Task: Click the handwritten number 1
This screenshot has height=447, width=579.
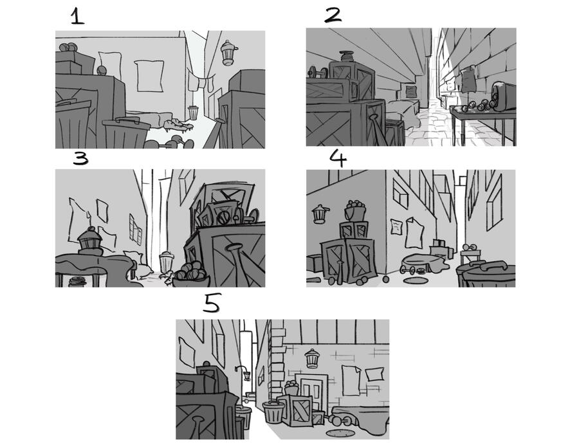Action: tap(77, 17)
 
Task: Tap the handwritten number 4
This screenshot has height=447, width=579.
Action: tap(338, 158)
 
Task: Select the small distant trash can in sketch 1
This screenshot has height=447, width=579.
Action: tap(193, 113)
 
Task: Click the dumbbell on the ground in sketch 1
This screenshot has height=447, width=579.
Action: tap(169, 143)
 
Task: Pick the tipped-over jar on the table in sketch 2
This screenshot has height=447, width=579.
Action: tap(504, 96)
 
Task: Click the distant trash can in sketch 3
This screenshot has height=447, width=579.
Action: tap(166, 262)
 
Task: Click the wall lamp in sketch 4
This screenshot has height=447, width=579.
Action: tap(320, 214)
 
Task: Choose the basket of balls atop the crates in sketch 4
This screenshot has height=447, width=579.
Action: tap(355, 210)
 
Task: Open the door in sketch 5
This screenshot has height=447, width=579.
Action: tap(311, 392)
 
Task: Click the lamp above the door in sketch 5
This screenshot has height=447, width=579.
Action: tap(313, 358)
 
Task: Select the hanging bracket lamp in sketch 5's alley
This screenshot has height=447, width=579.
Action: tap(244, 373)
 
